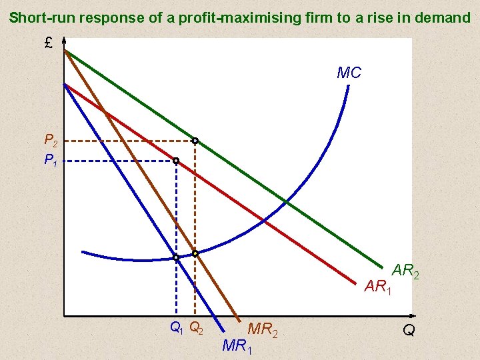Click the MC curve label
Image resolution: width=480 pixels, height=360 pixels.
pyautogui.click(x=349, y=73)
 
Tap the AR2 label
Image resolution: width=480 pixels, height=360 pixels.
pyautogui.click(x=405, y=271)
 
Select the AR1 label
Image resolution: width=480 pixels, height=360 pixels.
pyautogui.click(x=378, y=287)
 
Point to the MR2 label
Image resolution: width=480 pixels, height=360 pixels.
pyautogui.click(x=262, y=328)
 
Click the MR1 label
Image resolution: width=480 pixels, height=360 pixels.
pyautogui.click(x=237, y=345)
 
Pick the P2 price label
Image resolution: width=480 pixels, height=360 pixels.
pyautogui.click(x=51, y=141)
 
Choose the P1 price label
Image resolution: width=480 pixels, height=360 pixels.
pyautogui.click(x=51, y=160)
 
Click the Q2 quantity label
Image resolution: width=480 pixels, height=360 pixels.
pyautogui.click(x=197, y=327)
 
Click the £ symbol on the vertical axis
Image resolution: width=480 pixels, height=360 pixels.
pyautogui.click(x=49, y=44)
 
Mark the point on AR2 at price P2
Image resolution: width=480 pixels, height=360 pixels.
pyautogui.click(x=195, y=141)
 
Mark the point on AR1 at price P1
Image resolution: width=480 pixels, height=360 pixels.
pyautogui.click(x=175, y=161)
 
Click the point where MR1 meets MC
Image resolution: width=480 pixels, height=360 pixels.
pyautogui.click(x=175, y=257)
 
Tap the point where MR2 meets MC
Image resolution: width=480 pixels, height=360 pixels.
pyautogui.click(x=195, y=253)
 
